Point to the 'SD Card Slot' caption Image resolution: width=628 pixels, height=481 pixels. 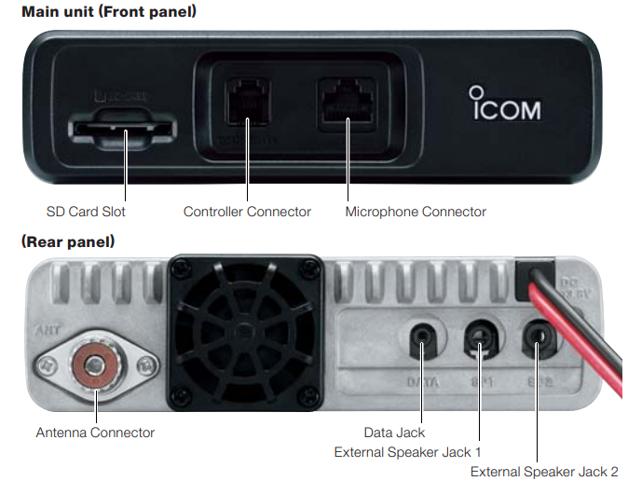[86, 212]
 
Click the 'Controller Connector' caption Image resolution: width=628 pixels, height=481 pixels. [247, 212]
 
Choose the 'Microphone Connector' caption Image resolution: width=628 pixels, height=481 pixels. [416, 212]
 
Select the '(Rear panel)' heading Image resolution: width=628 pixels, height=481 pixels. [68, 242]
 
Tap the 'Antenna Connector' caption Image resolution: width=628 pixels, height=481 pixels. [95, 433]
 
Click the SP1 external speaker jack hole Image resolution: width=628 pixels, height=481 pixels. [481, 338]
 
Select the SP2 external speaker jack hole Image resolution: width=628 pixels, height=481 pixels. [538, 337]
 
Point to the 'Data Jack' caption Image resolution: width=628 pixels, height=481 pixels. [394, 433]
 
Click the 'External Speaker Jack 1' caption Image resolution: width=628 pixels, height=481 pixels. [407, 452]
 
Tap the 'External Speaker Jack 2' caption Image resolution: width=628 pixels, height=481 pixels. [544, 472]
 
